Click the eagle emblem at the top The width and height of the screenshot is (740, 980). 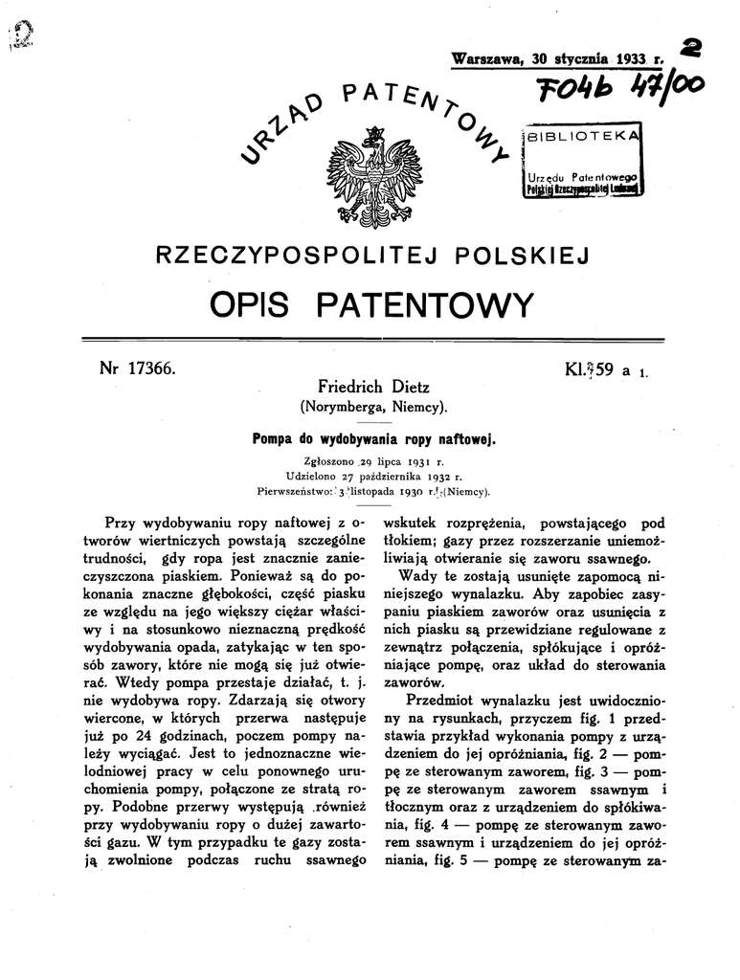point(370,182)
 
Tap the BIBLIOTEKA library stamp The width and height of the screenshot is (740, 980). point(583,163)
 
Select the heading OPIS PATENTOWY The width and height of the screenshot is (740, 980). point(370,305)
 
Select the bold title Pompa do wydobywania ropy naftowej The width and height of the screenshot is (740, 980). point(371,439)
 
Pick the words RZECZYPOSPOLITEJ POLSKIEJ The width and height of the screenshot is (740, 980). point(370,256)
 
